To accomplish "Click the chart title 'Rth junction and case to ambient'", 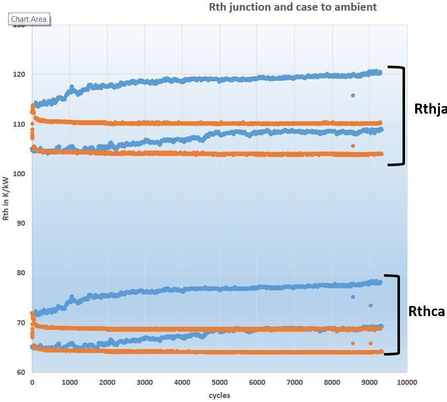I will (293, 7).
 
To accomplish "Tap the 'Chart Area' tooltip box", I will (29, 19).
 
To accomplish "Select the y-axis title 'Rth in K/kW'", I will (6, 198).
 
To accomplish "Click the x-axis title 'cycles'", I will (219, 395).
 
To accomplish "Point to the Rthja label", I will (430, 109).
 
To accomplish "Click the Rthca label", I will (426, 312).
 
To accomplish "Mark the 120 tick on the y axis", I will (22, 74).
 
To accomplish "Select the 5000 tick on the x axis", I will (219, 382).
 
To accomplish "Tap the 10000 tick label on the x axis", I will (407, 382).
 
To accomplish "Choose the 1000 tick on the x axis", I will (69, 382).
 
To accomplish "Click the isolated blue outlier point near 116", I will (353, 95).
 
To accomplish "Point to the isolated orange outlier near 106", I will (353, 146).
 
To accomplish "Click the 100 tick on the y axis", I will (22, 174).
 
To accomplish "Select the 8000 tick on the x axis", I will (332, 382).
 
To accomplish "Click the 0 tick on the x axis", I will (32, 382).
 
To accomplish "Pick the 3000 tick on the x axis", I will (145, 382).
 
